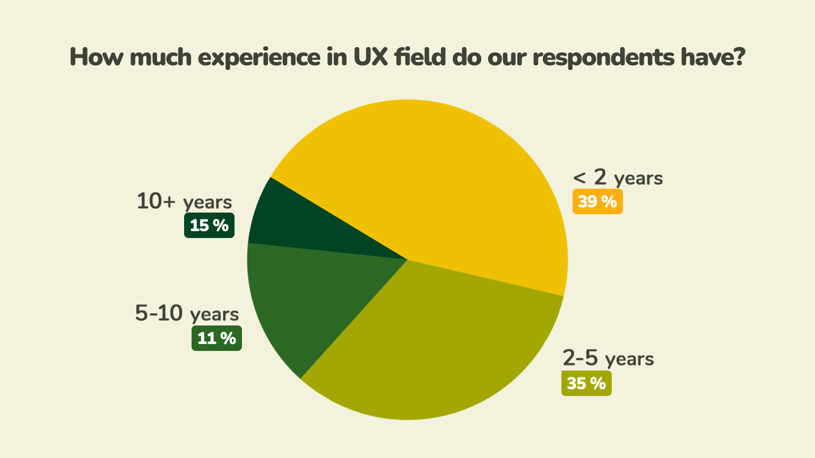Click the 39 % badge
597,202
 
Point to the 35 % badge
586,383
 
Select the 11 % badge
216,338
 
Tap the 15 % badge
209,225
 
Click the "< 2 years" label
618,178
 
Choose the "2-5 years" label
608,359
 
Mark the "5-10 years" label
187,313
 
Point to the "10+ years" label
184,201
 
